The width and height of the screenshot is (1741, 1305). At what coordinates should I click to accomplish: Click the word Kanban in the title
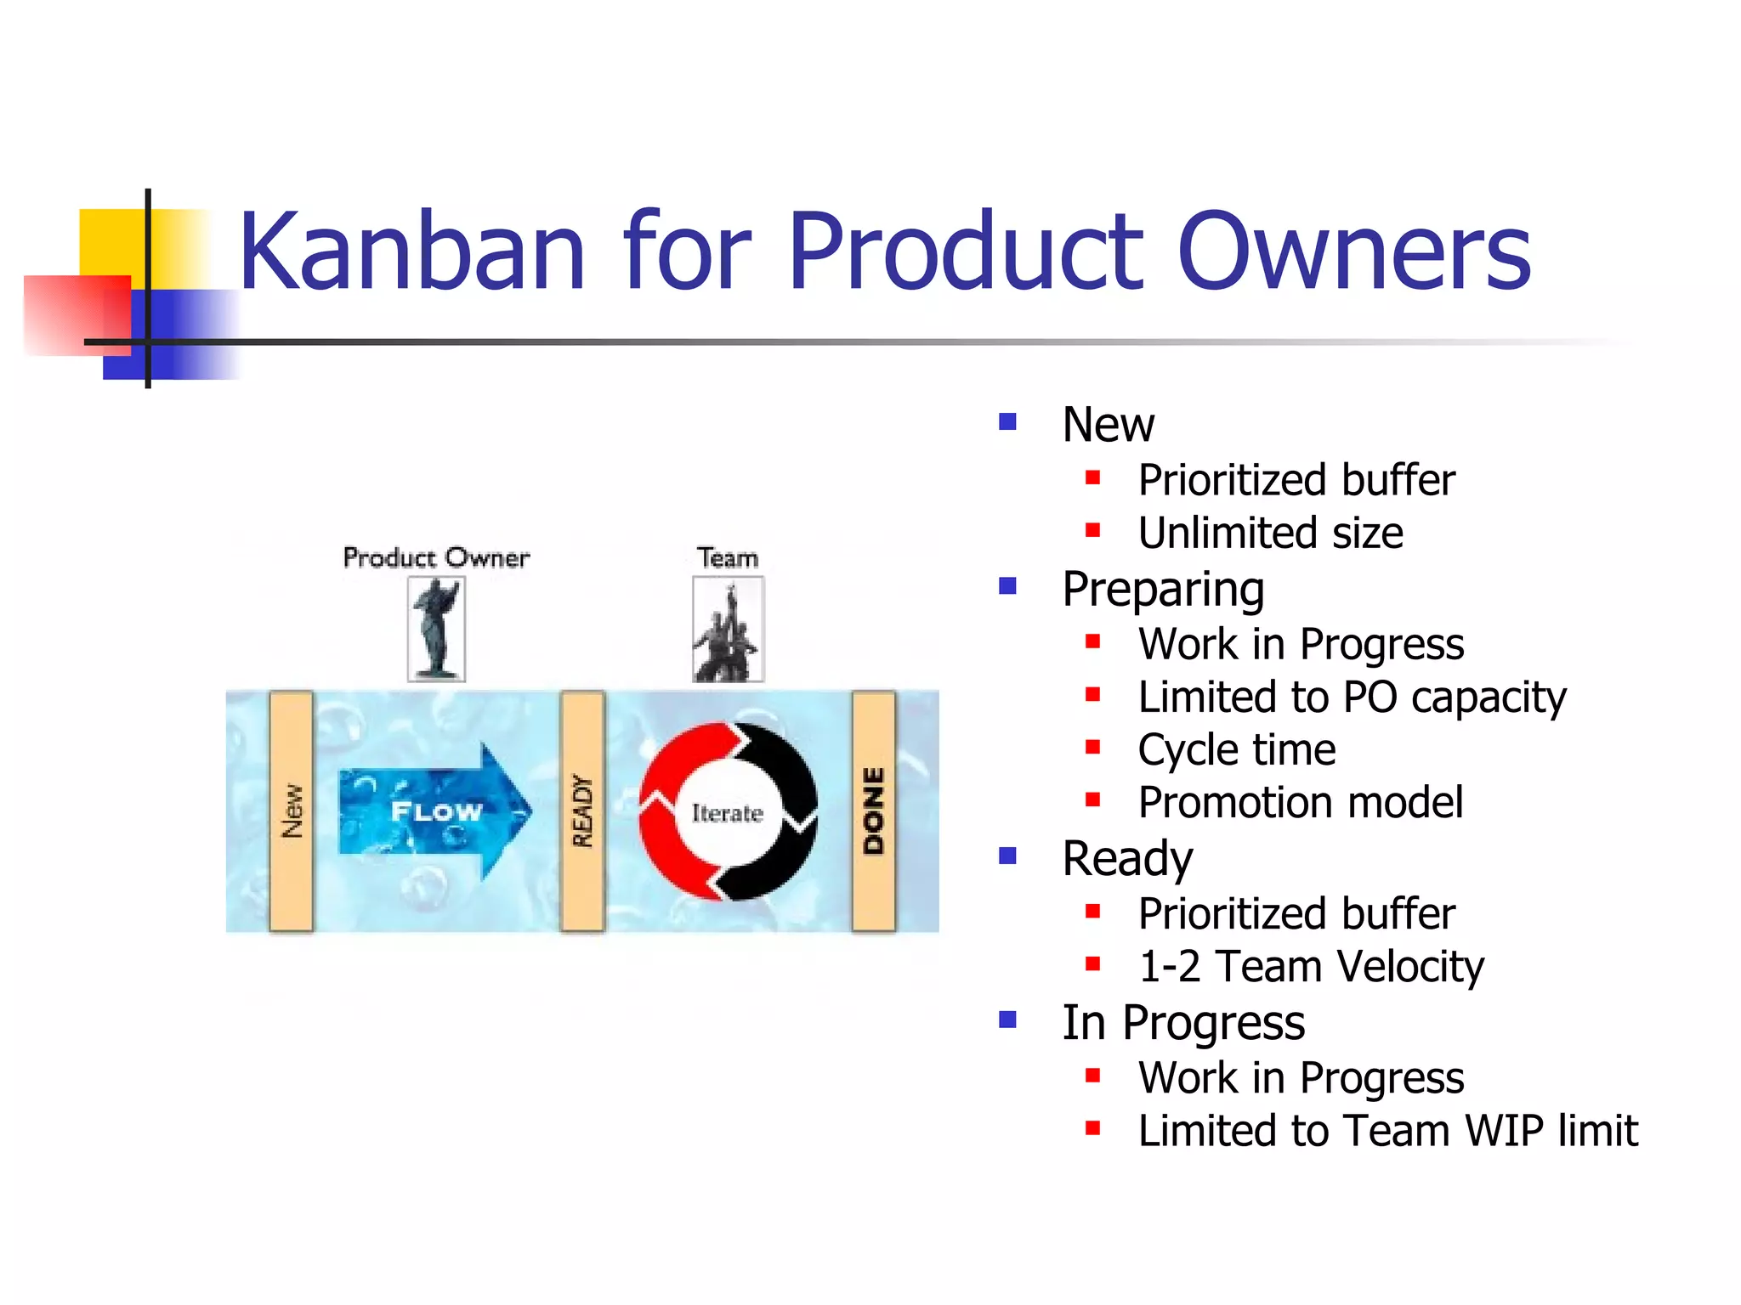411,252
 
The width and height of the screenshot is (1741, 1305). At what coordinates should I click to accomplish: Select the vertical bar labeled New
292,811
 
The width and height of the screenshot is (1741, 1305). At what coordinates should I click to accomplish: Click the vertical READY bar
582,811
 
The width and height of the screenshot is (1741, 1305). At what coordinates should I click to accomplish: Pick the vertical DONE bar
874,811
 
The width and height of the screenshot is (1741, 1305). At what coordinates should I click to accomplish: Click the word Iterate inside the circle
727,813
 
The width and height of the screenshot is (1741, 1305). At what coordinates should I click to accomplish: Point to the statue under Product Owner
436,629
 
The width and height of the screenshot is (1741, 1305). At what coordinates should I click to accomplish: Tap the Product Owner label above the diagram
436,558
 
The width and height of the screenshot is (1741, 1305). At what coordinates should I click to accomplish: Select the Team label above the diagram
728,558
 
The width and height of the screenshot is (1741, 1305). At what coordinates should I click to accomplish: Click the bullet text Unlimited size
1270,534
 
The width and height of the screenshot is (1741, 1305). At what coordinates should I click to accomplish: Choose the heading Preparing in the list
1163,589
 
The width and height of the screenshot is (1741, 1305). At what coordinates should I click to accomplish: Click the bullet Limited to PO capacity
1352,698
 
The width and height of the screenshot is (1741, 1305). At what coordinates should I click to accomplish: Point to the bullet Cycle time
1236,750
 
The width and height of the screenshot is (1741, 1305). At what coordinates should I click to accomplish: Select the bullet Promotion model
1300,803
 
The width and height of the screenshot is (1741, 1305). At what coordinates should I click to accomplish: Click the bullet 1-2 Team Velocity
1310,967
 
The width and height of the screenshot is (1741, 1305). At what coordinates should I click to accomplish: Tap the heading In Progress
1182,1022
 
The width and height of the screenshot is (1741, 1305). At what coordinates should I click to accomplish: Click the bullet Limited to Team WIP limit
1387,1131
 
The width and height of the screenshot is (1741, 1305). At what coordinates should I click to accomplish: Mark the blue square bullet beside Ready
1008,856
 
